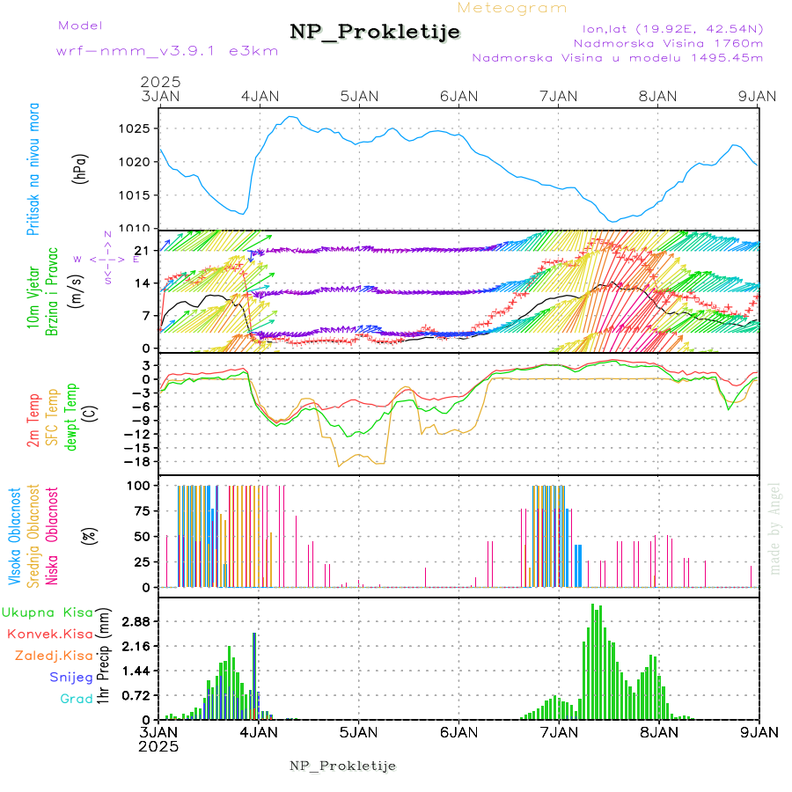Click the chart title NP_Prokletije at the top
pos(375,33)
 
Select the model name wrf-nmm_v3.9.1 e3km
pos(167,50)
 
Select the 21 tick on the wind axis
pos(140,251)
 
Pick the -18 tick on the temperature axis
pos(136,461)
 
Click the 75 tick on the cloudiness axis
pos(140,510)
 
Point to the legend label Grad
pos(76,699)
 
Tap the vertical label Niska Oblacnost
pos(53,534)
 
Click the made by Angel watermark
pos(774,528)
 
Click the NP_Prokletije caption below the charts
pos(343,766)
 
